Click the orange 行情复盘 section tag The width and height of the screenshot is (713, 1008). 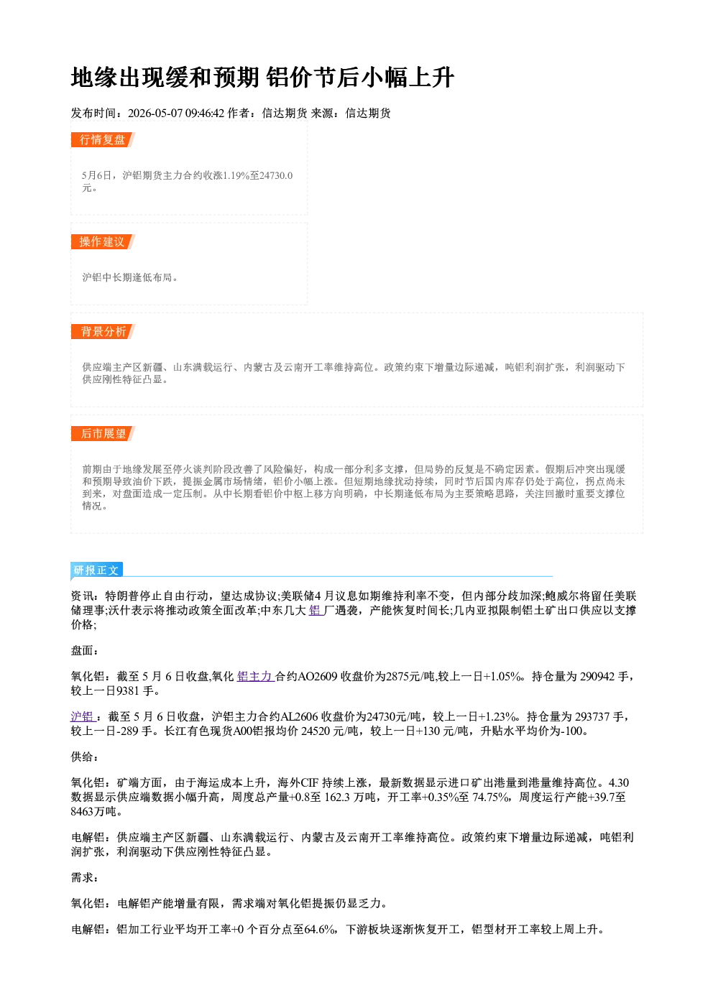point(103,139)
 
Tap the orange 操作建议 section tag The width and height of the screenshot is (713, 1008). point(103,241)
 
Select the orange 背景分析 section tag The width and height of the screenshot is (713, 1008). point(103,332)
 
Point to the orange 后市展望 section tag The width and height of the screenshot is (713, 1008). point(103,434)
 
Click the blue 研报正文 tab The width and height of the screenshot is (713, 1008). point(96,570)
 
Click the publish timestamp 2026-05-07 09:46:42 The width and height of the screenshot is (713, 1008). point(176,113)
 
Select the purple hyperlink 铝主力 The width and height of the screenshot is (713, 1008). point(255,676)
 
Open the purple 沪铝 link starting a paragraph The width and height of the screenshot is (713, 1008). point(82,716)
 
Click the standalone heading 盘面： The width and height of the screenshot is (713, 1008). point(85,650)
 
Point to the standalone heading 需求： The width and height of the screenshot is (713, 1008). point(85,877)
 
